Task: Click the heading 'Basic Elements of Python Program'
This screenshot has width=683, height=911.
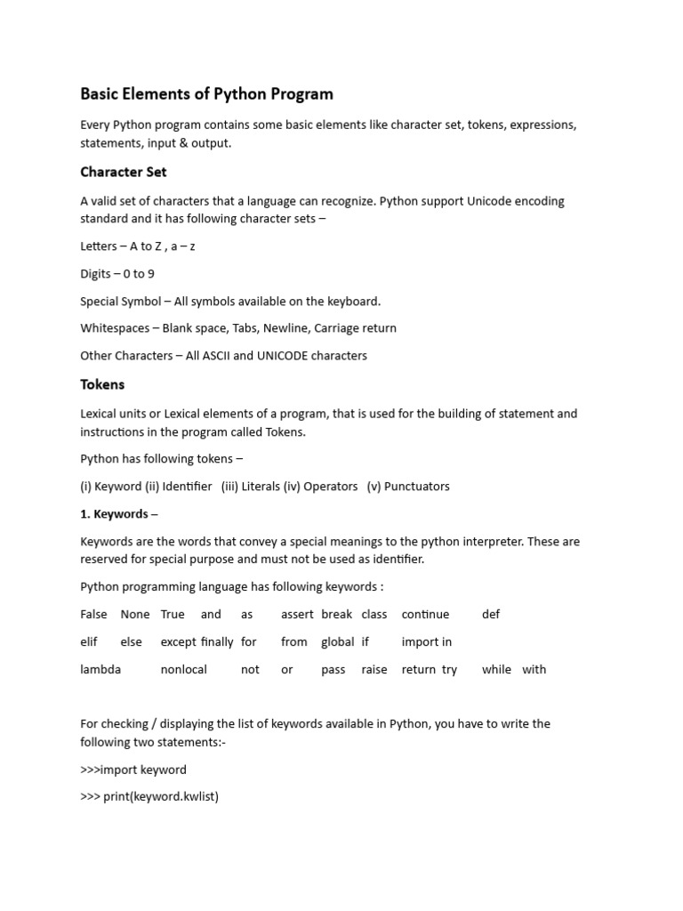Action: coord(206,93)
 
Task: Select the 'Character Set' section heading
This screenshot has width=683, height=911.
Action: coord(123,172)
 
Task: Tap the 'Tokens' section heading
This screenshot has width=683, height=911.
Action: coord(102,384)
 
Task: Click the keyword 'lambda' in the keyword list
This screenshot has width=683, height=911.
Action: coord(100,669)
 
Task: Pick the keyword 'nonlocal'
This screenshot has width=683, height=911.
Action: coord(183,669)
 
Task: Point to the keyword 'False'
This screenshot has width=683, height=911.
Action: coord(93,614)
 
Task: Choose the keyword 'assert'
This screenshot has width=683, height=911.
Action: coord(297,614)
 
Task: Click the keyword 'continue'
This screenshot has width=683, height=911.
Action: coord(425,614)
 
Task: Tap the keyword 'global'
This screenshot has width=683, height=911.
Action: coord(338,641)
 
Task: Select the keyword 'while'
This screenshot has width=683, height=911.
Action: coord(496,669)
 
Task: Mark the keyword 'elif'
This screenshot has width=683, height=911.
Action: coord(89,641)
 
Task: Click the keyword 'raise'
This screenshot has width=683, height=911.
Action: coord(374,669)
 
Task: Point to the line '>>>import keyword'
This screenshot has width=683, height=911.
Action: coord(133,770)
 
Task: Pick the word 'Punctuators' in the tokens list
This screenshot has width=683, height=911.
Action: coord(414,486)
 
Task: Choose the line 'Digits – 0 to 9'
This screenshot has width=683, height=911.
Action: coord(117,273)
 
